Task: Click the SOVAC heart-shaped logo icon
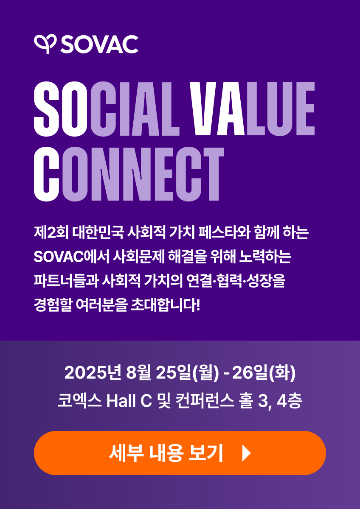point(45,44)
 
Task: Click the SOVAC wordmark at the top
point(99,44)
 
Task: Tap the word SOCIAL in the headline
point(107,109)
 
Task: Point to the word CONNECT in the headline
point(129,174)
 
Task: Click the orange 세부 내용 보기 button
point(180,453)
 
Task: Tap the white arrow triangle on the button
point(246,453)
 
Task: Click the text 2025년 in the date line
point(93,373)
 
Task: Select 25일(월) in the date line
point(187,373)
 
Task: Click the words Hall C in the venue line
point(129,400)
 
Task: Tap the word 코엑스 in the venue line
point(79,400)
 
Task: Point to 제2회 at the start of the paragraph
point(51,232)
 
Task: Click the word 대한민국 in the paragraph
point(98,232)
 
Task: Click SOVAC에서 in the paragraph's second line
point(71,257)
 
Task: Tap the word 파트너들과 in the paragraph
point(66,281)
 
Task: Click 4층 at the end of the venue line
point(289,400)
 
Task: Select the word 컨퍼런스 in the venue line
point(205,400)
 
